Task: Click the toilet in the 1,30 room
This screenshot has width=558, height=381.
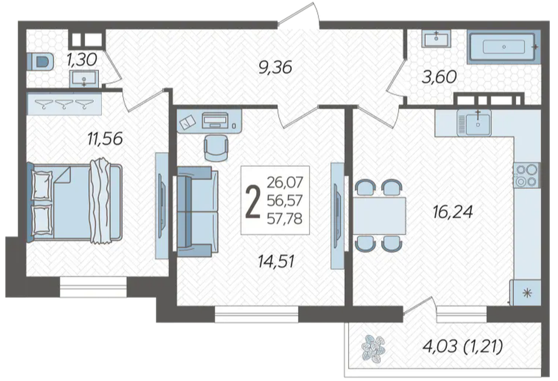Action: coord(40,62)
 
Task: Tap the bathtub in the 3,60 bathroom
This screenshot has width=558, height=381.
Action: coord(504,47)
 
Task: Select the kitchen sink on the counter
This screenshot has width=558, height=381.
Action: coord(474,122)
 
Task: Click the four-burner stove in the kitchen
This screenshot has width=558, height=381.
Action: coord(526,175)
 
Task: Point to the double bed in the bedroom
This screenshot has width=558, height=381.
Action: coord(75,202)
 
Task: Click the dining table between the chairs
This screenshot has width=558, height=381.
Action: coord(380,215)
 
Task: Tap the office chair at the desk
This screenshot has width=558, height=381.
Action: coord(216,148)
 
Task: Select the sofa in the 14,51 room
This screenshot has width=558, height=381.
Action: coord(198,211)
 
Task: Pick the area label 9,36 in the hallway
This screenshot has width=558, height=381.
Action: coord(275,67)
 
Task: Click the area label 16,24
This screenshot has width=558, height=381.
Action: coord(453,212)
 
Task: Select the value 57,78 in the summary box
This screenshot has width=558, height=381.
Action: coord(285,218)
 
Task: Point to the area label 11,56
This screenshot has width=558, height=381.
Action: coord(105,139)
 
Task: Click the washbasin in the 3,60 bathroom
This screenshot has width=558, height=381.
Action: coord(436,39)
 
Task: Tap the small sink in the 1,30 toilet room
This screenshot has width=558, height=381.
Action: coord(84,78)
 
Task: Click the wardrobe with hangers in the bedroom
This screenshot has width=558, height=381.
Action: coord(64,104)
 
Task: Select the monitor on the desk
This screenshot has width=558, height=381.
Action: coord(215,121)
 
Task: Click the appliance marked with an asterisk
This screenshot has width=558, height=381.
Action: coord(525,293)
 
